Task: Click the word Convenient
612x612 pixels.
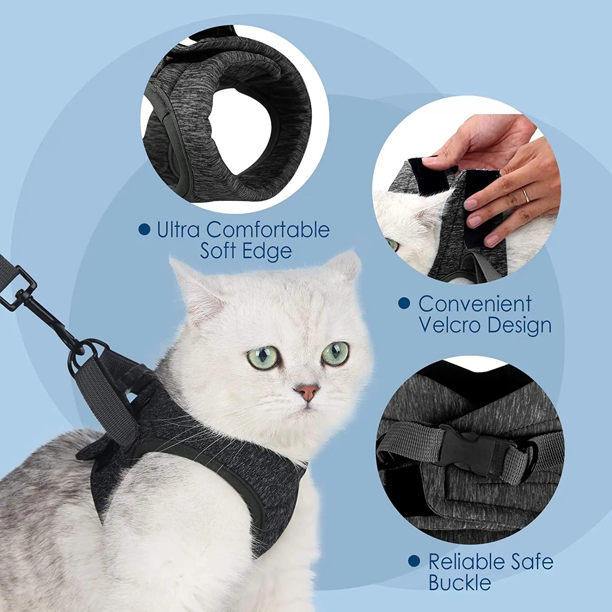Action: click(x=475, y=304)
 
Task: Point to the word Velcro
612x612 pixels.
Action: click(x=450, y=325)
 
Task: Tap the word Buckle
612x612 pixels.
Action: click(x=459, y=582)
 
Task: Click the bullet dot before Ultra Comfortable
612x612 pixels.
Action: click(x=144, y=229)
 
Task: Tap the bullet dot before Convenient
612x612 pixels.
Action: click(x=404, y=303)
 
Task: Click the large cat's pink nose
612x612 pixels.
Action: click(x=307, y=392)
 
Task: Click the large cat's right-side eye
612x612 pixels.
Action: click(x=335, y=353)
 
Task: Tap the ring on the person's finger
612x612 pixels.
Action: click(x=526, y=196)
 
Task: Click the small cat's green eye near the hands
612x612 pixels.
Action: click(x=392, y=244)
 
